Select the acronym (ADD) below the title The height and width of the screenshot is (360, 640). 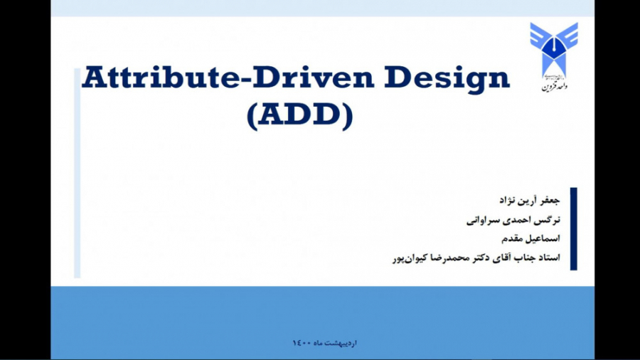pyautogui.click(x=299, y=117)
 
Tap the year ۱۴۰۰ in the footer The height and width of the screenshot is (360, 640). pyautogui.click(x=301, y=343)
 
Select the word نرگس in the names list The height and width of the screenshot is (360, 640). pyautogui.click(x=549, y=220)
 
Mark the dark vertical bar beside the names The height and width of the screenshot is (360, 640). pyautogui.click(x=573, y=228)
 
